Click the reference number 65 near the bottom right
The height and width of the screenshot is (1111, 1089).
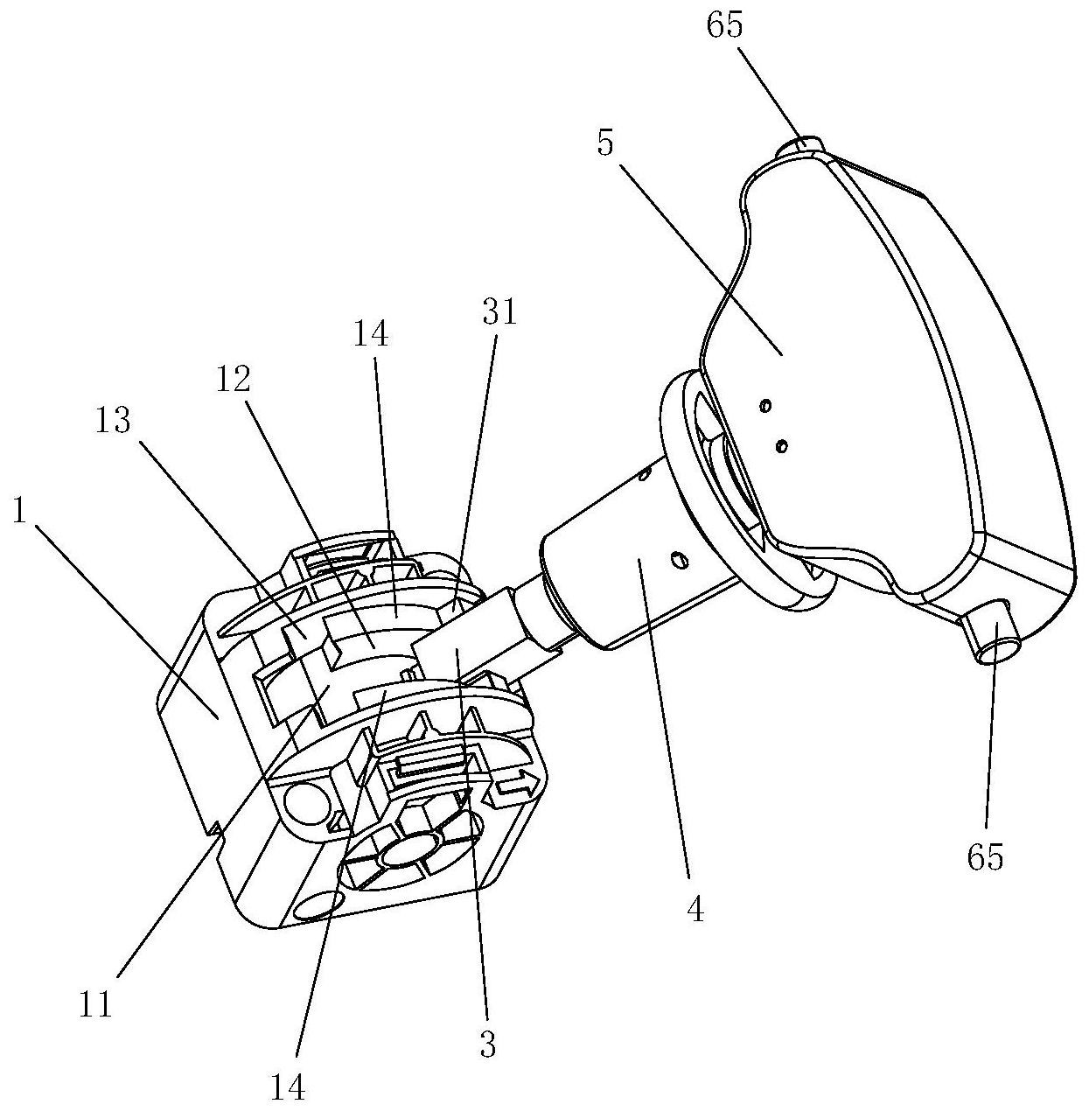[x=985, y=856]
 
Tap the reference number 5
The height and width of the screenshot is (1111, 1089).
[x=604, y=142]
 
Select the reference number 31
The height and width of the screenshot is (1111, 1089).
[x=499, y=312]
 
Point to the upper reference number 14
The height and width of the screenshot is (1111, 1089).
[x=371, y=334]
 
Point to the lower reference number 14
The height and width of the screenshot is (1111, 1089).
[x=288, y=1087]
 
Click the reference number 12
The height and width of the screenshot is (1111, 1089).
[x=234, y=380]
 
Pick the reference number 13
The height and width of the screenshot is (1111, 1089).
[x=114, y=421]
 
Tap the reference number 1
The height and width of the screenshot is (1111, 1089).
[x=19, y=511]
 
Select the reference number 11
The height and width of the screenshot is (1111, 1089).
[x=95, y=1004]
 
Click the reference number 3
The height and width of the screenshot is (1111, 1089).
[x=488, y=1044]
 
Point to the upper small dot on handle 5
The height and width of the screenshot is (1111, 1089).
[x=765, y=407]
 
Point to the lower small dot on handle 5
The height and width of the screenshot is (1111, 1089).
[x=781, y=445]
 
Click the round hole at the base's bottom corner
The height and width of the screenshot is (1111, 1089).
[x=316, y=907]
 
